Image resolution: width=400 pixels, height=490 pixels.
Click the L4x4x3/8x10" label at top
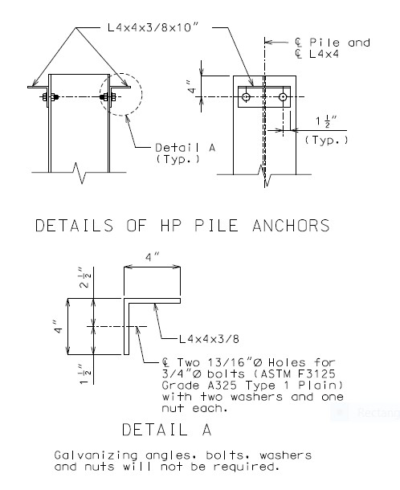click(153, 27)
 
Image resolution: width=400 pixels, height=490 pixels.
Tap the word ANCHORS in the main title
click(291, 226)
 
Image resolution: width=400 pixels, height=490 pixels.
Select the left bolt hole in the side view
click(247, 97)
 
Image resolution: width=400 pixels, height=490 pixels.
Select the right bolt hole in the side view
click(283, 97)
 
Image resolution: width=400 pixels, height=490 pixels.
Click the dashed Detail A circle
click(142, 94)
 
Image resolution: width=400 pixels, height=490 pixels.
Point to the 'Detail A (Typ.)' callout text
click(186, 153)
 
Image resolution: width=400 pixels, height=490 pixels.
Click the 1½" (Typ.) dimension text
click(327, 131)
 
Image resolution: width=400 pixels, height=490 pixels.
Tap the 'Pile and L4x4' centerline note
click(333, 48)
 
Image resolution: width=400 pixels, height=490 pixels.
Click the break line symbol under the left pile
click(80, 173)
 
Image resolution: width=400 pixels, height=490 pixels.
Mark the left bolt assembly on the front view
click(50, 97)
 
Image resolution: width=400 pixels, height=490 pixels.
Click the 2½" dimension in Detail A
click(84, 277)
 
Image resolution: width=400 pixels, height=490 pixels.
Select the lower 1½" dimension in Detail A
click(84, 374)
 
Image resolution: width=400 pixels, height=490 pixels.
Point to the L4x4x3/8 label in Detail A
click(209, 339)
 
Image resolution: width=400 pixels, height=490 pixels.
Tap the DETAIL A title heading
click(167, 430)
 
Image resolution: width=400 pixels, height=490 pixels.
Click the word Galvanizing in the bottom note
click(96, 455)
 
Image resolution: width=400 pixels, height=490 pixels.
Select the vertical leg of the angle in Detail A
click(127, 327)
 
